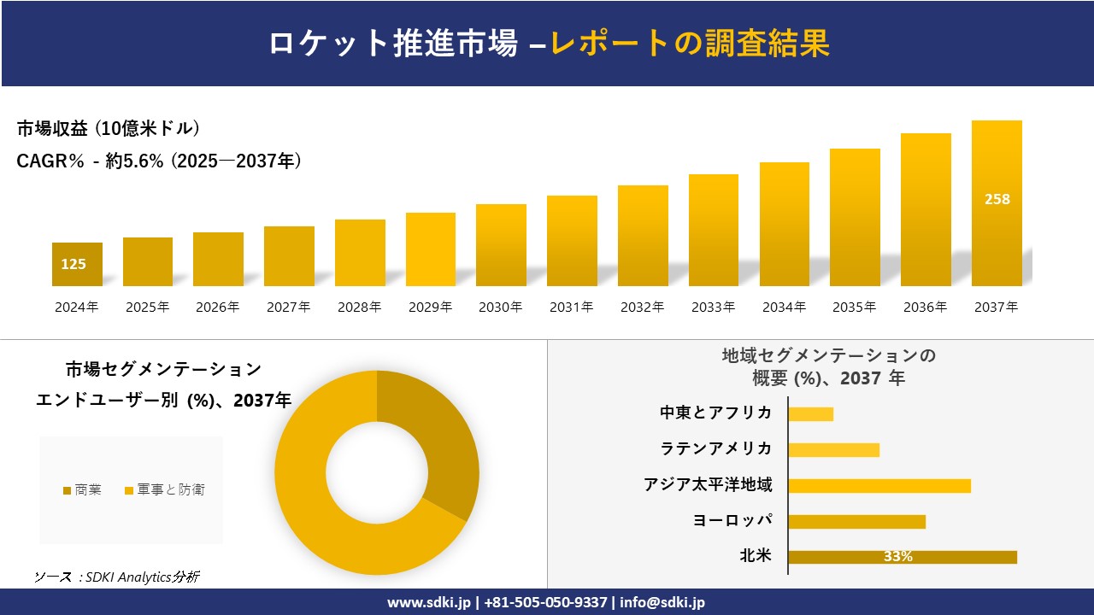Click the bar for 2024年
coord(77,265)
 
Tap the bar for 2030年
coord(501,245)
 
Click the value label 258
coord(997,199)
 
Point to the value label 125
coord(74,264)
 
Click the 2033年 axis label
coord(713,307)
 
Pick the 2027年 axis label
coord(288,307)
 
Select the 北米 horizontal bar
coord(902,557)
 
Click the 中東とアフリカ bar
coord(810,413)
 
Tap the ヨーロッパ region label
coord(732,520)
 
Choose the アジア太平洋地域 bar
coord(879,485)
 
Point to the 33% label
coord(897,557)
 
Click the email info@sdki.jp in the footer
coord(662,602)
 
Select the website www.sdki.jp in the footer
coord(427,602)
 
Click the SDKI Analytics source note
coord(117,577)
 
